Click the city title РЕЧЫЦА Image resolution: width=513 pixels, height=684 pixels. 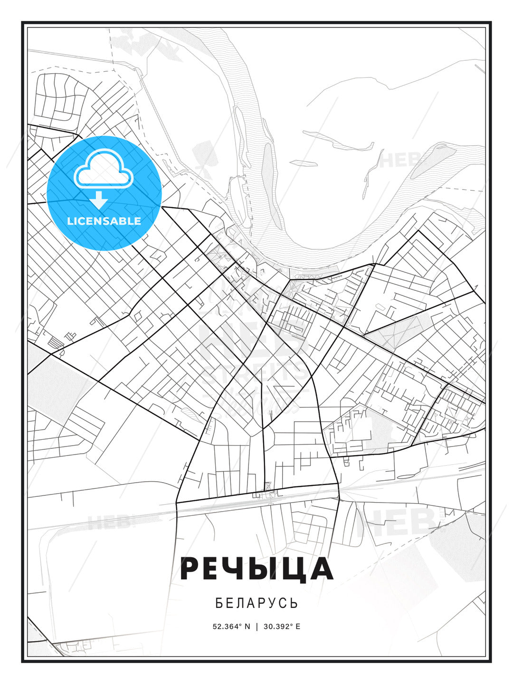[x=256, y=569]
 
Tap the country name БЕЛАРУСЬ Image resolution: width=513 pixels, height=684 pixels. [x=256, y=603]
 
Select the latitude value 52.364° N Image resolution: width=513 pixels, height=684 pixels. [x=231, y=627]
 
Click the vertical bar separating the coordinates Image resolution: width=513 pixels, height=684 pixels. [x=257, y=627]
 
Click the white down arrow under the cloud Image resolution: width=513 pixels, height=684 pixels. [x=99, y=200]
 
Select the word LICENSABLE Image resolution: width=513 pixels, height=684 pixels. [x=104, y=221]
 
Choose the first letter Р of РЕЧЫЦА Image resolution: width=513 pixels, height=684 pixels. [x=190, y=569]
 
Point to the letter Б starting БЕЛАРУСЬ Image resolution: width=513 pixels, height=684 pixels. [x=219, y=603]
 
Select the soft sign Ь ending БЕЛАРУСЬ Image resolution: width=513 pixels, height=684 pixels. [x=294, y=603]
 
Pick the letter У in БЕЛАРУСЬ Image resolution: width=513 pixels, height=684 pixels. [x=274, y=603]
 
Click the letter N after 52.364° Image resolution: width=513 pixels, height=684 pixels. [x=247, y=627]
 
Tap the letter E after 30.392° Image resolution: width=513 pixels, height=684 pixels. [x=298, y=627]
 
